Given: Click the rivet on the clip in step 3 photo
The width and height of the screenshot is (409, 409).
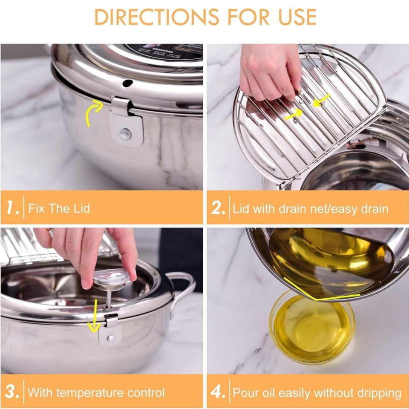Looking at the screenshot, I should pos(110,338).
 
